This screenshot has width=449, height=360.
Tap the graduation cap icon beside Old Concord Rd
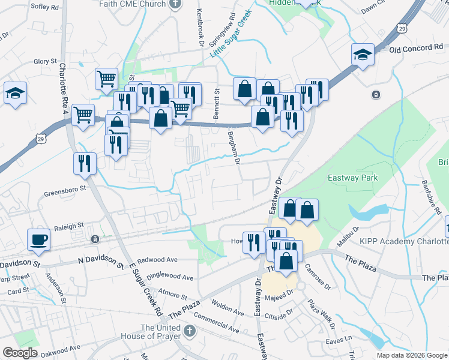(x=363, y=55)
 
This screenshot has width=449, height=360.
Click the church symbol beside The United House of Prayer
(x=189, y=331)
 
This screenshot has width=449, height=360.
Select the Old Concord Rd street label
(x=416, y=47)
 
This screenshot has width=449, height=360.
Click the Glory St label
(x=45, y=61)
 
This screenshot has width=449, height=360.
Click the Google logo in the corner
(x=20, y=353)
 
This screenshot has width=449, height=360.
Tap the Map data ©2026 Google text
(x=411, y=355)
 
